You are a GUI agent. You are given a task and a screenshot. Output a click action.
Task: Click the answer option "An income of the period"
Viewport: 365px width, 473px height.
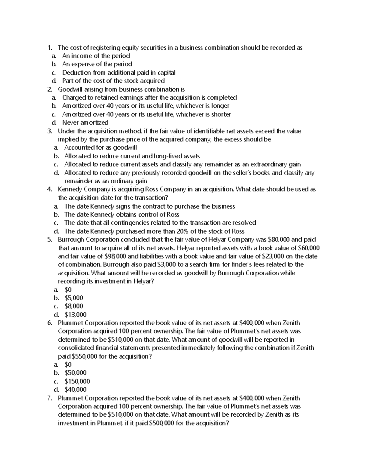pyautogui.click(x=96, y=56)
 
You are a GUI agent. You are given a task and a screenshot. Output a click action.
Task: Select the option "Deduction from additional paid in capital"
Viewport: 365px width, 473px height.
pyautogui.click(x=119, y=72)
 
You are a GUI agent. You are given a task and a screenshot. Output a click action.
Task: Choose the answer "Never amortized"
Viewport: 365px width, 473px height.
pyautogui.click(x=85, y=122)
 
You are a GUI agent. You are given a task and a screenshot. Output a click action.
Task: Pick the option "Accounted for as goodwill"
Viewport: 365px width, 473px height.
pyautogui.click(x=100, y=148)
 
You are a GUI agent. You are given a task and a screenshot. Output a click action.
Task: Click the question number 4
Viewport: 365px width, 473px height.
pyautogui.click(x=50, y=189)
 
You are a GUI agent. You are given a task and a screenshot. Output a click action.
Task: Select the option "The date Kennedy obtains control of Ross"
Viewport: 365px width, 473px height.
pyautogui.click(x=122, y=214)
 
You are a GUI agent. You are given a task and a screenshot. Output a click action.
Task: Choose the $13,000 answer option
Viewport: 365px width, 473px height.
pyautogui.click(x=75, y=315)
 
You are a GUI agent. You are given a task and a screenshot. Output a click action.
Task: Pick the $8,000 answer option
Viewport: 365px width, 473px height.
pyautogui.click(x=74, y=306)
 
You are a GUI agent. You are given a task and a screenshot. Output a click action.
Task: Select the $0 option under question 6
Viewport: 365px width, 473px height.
pyautogui.click(x=68, y=365)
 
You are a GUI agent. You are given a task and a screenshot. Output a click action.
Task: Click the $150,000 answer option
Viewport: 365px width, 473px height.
pyautogui.click(x=77, y=381)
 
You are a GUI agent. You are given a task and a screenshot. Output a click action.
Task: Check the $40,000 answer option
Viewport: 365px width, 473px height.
pyautogui.click(x=75, y=390)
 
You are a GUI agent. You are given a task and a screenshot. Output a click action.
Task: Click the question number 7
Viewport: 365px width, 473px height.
pyautogui.click(x=50, y=398)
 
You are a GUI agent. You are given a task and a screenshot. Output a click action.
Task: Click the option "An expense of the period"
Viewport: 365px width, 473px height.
pyautogui.click(x=97, y=64)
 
